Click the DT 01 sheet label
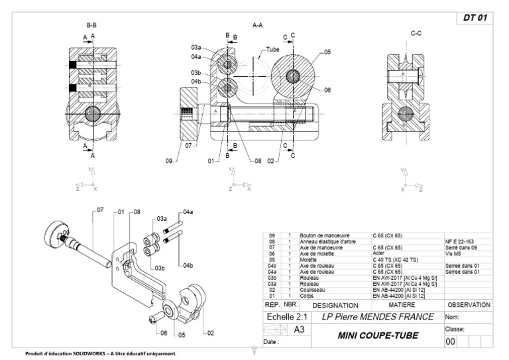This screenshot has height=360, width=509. point(473,18)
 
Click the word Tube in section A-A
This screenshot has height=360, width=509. point(273,49)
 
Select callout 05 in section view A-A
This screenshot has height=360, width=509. point(327,51)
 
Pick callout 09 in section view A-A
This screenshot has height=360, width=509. point(169,160)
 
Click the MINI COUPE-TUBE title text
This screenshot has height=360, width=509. point(378,335)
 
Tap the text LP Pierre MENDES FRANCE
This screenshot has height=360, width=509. point(378,317)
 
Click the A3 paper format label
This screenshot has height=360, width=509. point(299,330)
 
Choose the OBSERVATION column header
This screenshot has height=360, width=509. point(468,305)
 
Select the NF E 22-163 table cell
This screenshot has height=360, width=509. point(459,241)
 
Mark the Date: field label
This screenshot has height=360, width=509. point(272,343)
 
